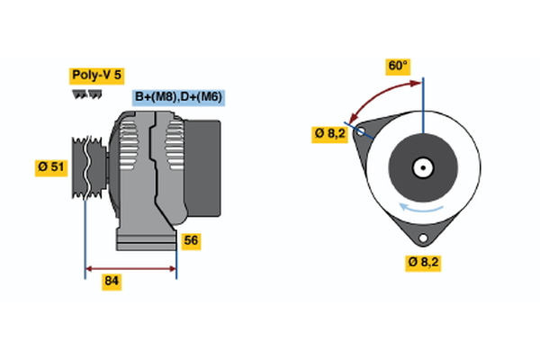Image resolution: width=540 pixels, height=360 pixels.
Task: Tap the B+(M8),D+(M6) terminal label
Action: (178, 97)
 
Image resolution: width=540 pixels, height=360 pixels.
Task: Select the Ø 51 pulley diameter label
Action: (51, 167)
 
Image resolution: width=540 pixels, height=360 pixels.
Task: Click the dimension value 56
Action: (190, 240)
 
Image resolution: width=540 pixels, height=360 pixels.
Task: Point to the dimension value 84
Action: (112, 281)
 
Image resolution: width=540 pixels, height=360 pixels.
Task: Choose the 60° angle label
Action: (398, 66)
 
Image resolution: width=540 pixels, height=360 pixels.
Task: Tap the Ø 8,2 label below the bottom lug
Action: (423, 262)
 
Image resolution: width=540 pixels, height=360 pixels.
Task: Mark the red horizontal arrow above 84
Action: (130, 267)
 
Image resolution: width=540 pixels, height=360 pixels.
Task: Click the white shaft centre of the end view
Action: (422, 166)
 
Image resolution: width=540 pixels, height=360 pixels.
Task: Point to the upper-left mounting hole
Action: (362, 131)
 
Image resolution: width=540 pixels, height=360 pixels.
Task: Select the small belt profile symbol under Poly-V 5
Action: (84, 94)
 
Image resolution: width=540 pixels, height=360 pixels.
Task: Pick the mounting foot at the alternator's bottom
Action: (146, 239)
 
